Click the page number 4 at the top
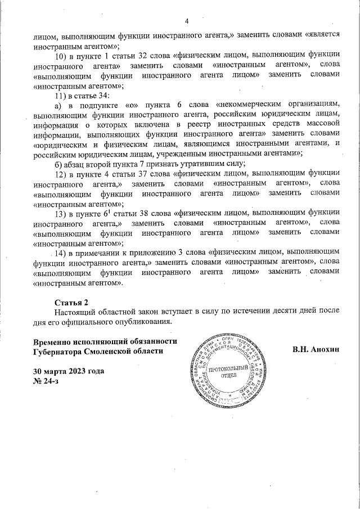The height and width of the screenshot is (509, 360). click(x=186, y=22)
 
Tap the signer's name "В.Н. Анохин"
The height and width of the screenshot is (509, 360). click(x=316, y=349)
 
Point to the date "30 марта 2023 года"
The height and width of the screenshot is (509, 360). click(x=69, y=372)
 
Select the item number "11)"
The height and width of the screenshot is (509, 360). click(x=61, y=95)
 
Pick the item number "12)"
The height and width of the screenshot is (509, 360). click(x=61, y=174)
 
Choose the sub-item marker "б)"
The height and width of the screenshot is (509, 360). click(x=57, y=164)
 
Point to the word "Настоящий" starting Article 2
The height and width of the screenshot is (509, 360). click(x=76, y=312)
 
